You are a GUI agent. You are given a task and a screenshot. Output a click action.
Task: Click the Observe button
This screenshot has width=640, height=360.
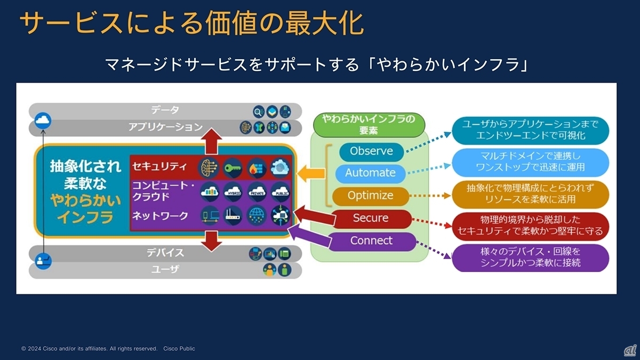[x=371, y=151]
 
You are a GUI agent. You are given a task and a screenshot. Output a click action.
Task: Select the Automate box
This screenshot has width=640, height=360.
[x=370, y=173]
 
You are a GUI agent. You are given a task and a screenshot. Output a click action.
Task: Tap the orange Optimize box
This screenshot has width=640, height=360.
[x=370, y=196]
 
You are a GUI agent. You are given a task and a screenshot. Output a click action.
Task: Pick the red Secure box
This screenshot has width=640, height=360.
[x=370, y=218]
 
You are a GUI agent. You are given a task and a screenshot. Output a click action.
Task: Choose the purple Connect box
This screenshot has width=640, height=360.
[x=371, y=241]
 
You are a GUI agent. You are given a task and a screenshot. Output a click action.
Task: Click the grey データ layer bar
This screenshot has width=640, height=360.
[x=165, y=110]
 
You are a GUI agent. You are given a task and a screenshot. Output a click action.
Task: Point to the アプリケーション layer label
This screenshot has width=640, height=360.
[x=165, y=127]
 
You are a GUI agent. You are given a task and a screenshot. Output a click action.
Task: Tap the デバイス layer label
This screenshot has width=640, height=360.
[x=165, y=253]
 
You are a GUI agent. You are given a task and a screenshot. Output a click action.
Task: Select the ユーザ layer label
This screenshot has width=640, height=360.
[x=165, y=269]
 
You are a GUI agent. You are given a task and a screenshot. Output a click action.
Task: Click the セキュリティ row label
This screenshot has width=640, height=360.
[x=159, y=166]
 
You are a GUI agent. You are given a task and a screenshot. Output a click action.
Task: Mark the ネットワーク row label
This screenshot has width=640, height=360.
[x=159, y=215]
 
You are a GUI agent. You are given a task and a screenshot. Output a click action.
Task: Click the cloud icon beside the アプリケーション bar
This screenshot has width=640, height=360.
[x=43, y=122]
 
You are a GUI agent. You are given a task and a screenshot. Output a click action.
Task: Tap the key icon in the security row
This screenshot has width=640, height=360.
[x=233, y=167]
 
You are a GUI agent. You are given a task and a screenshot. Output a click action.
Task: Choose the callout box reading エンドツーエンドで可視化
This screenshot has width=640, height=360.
[x=530, y=129]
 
